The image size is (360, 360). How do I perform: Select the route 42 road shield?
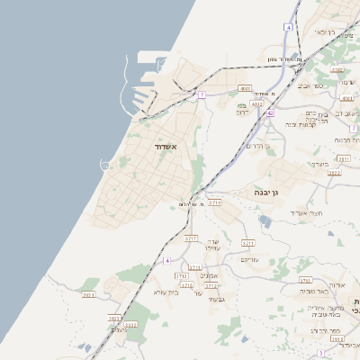click(x=270, y=113)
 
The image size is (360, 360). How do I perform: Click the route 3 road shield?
click(x=319, y=354)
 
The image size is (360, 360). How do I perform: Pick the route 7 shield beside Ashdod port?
click(x=202, y=94)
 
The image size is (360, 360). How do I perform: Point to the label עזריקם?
click(x=249, y=260)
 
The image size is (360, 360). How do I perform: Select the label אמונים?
click(x=209, y=275)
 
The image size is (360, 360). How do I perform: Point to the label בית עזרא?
click(x=166, y=292)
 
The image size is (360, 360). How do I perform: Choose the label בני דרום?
click(x=247, y=109)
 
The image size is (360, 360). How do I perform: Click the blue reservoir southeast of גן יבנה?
click(x=264, y=220)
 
